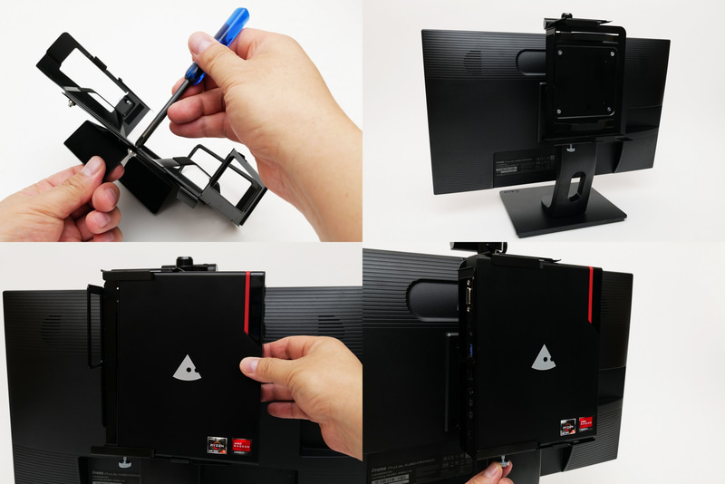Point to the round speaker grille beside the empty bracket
click(471, 61)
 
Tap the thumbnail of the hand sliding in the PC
click(251, 365)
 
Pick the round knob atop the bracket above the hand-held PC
click(185, 263)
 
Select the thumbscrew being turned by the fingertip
click(505, 466)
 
